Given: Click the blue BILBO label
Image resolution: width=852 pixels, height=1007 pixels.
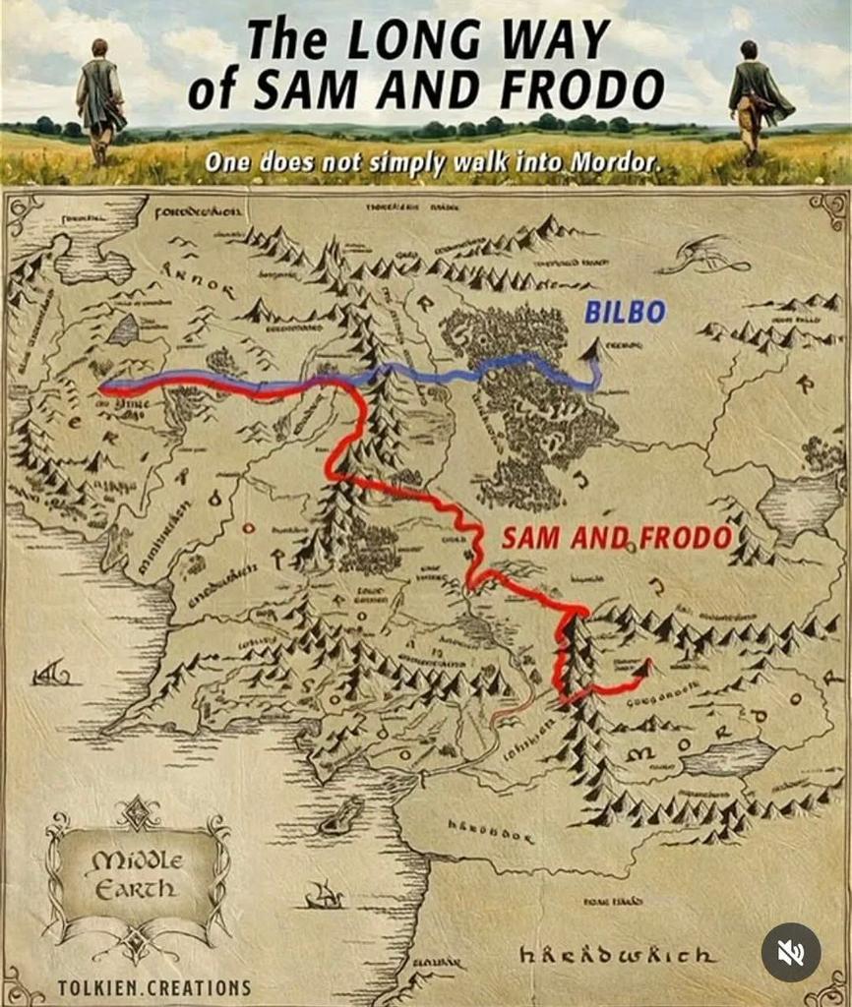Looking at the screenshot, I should coord(625,313).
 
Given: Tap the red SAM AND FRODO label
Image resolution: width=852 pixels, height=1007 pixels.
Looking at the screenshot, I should coord(617,537).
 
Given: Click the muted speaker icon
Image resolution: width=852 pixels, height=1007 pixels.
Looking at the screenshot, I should coord(790,951).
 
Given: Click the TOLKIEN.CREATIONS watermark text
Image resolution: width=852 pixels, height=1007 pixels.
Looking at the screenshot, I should coord(153,986).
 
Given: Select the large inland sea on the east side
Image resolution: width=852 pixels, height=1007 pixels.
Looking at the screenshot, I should coord(798,503).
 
